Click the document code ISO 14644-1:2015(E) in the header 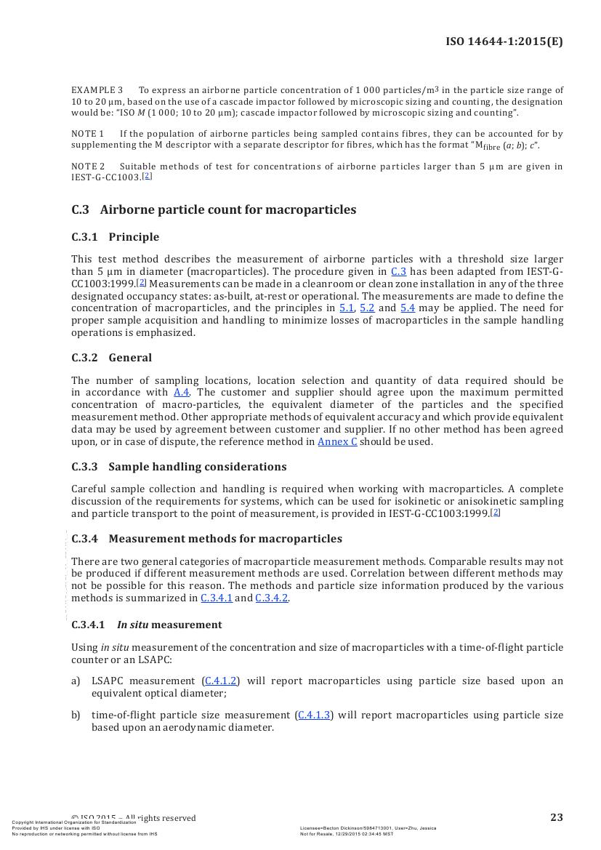504,41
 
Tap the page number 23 556,817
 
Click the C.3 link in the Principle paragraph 398,272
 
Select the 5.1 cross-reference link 347,308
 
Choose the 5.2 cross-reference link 367,308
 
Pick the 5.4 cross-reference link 408,308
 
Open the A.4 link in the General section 181,393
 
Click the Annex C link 337,442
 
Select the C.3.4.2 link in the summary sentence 272,598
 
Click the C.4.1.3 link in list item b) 315,715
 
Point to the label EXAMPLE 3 97,90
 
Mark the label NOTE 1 87,134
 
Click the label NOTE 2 87,167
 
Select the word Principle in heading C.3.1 134,237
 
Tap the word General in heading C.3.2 130,358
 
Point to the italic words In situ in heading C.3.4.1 132,625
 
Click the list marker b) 76,715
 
